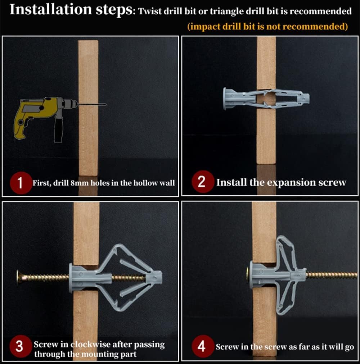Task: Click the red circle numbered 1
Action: coord(21,183)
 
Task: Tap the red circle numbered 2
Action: coord(202,182)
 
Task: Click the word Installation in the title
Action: coord(51,9)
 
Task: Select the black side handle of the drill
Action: coord(58,129)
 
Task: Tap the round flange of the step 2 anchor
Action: coord(225,99)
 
